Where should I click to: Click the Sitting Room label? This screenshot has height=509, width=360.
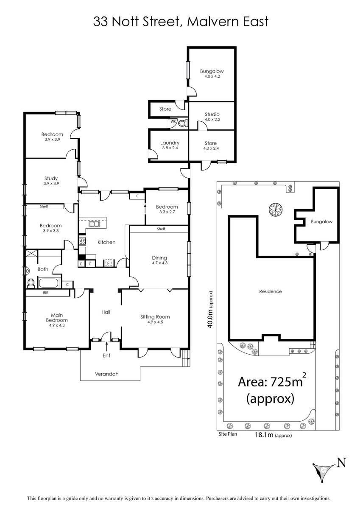coord(155,317)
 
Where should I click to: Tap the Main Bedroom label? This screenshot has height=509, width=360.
coord(57,318)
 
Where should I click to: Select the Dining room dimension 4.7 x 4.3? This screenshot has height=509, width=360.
coord(160,263)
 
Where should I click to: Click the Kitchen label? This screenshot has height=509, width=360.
coord(106,242)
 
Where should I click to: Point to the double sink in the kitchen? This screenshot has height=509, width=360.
coord(94,224)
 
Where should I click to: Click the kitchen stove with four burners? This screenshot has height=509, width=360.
coord(82,241)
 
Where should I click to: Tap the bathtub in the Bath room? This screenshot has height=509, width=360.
coord(48,283)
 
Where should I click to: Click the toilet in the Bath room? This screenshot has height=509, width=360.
coord(31,284)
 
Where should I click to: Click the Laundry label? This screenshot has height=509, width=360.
coord(170,143)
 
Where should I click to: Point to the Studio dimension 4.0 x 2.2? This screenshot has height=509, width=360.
coord(212,119)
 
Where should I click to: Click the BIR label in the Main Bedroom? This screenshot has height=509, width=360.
coord(46,293)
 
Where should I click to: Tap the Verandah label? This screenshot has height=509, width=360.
coord(107,374)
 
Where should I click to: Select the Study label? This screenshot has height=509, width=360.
coord(51,179)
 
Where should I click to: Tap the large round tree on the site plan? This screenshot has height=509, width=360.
coord(276,209)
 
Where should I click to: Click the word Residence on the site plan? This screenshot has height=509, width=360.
coord(271,291)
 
